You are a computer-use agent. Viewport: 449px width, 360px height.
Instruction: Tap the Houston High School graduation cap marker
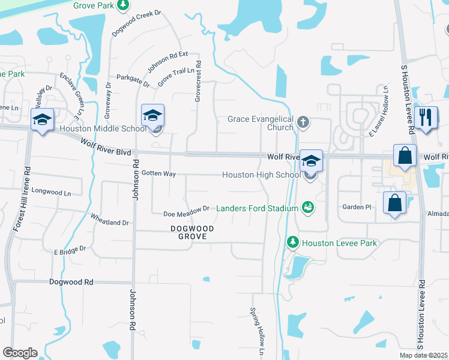pos(311,161)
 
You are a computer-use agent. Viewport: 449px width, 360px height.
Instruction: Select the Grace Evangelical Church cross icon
pos(303,122)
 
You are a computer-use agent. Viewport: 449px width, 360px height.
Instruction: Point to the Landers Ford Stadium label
pos(258,208)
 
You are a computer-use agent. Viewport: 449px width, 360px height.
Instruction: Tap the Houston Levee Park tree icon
pos(292,242)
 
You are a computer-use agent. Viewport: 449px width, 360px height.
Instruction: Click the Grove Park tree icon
pos(123,5)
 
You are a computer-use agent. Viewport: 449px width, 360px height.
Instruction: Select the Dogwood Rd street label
pos(71,281)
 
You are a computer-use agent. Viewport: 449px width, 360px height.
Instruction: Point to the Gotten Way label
pos(158,173)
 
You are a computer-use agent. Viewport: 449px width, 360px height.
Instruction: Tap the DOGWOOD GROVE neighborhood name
pos(188,232)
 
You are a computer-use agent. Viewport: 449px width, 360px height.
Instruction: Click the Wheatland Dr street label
pos(109,218)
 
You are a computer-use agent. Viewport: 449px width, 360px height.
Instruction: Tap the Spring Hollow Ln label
pos(257,330)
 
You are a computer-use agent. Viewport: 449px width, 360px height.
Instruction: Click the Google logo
pos(20,353)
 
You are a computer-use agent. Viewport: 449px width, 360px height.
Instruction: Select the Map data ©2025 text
pos(423,355)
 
